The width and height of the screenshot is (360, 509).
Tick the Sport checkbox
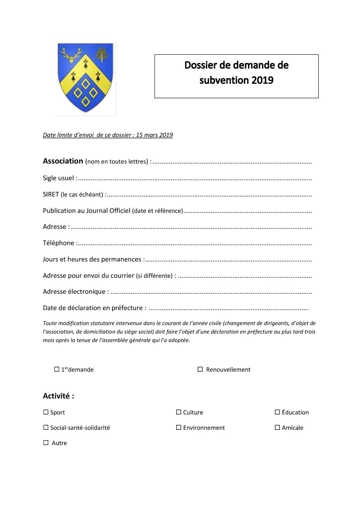pos(46,412)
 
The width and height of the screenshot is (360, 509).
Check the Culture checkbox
pos(179,412)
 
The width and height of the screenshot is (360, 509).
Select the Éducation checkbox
pos(277,412)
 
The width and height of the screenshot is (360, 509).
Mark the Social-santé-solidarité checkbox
pos(46,427)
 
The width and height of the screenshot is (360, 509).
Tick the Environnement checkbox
pos(179,427)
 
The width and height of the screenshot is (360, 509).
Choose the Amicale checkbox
pos(277,427)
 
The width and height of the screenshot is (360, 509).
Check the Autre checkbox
pos(46,443)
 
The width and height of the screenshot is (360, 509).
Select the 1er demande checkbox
pos(57,369)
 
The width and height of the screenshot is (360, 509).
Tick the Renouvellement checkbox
pos(200,369)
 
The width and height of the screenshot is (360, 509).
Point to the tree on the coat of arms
pos(101,54)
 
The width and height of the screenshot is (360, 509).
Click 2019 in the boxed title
pos(262,80)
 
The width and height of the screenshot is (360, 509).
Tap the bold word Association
pos(63,161)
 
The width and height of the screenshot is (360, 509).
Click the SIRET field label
pos(51,194)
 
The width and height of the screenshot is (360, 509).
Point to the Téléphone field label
pos(59,243)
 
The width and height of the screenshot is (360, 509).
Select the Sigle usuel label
pos(58,178)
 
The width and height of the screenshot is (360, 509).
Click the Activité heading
pos(58,396)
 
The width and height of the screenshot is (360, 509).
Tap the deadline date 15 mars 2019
pos(154,135)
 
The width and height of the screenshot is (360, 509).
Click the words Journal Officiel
pos(108,210)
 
